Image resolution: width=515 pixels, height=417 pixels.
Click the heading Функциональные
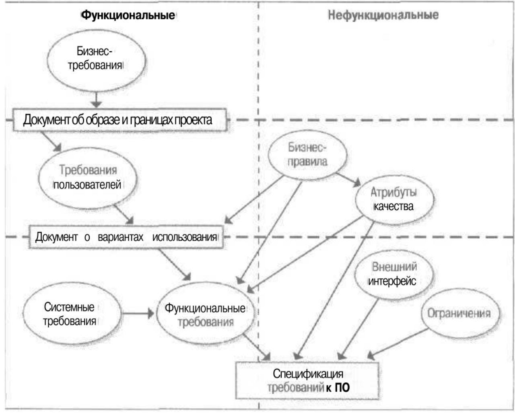point(128,16)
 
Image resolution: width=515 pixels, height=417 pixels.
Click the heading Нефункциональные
point(383,16)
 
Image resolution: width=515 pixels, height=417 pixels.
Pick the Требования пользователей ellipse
point(88,177)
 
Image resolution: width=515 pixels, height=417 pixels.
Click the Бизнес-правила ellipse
point(307,155)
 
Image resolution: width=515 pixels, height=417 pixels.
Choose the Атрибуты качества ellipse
point(393,199)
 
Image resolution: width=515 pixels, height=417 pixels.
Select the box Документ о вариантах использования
point(126,237)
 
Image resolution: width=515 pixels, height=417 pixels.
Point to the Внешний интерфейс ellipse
point(392,274)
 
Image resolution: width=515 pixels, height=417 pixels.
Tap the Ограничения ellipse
point(459,313)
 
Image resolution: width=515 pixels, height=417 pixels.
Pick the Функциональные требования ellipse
point(205,315)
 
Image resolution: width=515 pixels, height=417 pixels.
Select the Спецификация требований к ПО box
point(308,380)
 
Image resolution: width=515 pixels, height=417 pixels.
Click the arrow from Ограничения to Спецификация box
point(398,343)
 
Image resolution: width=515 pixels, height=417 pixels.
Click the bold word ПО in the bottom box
point(343,388)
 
